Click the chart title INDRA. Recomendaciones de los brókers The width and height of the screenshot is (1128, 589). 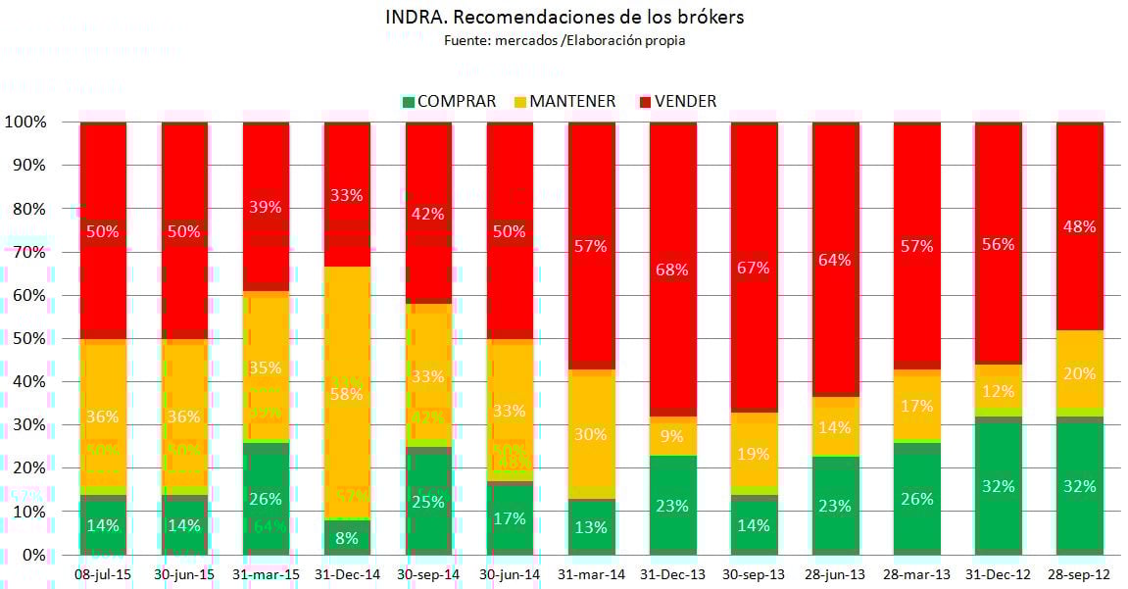[x=564, y=17]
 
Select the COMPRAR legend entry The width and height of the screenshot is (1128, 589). [x=449, y=101]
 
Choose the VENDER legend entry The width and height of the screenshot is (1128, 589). [x=677, y=101]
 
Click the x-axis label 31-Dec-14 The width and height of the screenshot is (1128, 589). [x=347, y=571]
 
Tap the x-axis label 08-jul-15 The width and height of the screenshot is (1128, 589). [x=103, y=571]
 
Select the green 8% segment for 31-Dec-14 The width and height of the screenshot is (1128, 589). [x=347, y=537]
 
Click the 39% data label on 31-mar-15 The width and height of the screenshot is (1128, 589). [x=266, y=207]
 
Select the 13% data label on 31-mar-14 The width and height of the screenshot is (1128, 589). [x=591, y=528]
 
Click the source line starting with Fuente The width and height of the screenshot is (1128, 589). [x=564, y=40]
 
